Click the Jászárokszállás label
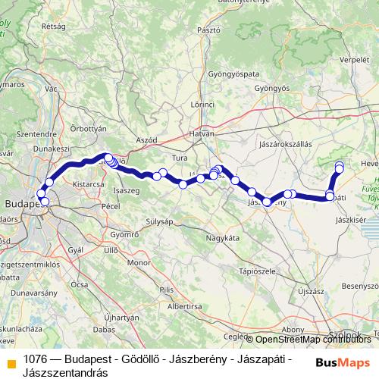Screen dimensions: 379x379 (284, 143)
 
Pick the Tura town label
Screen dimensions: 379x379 (180, 158)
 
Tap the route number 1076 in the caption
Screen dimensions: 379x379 (37, 360)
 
